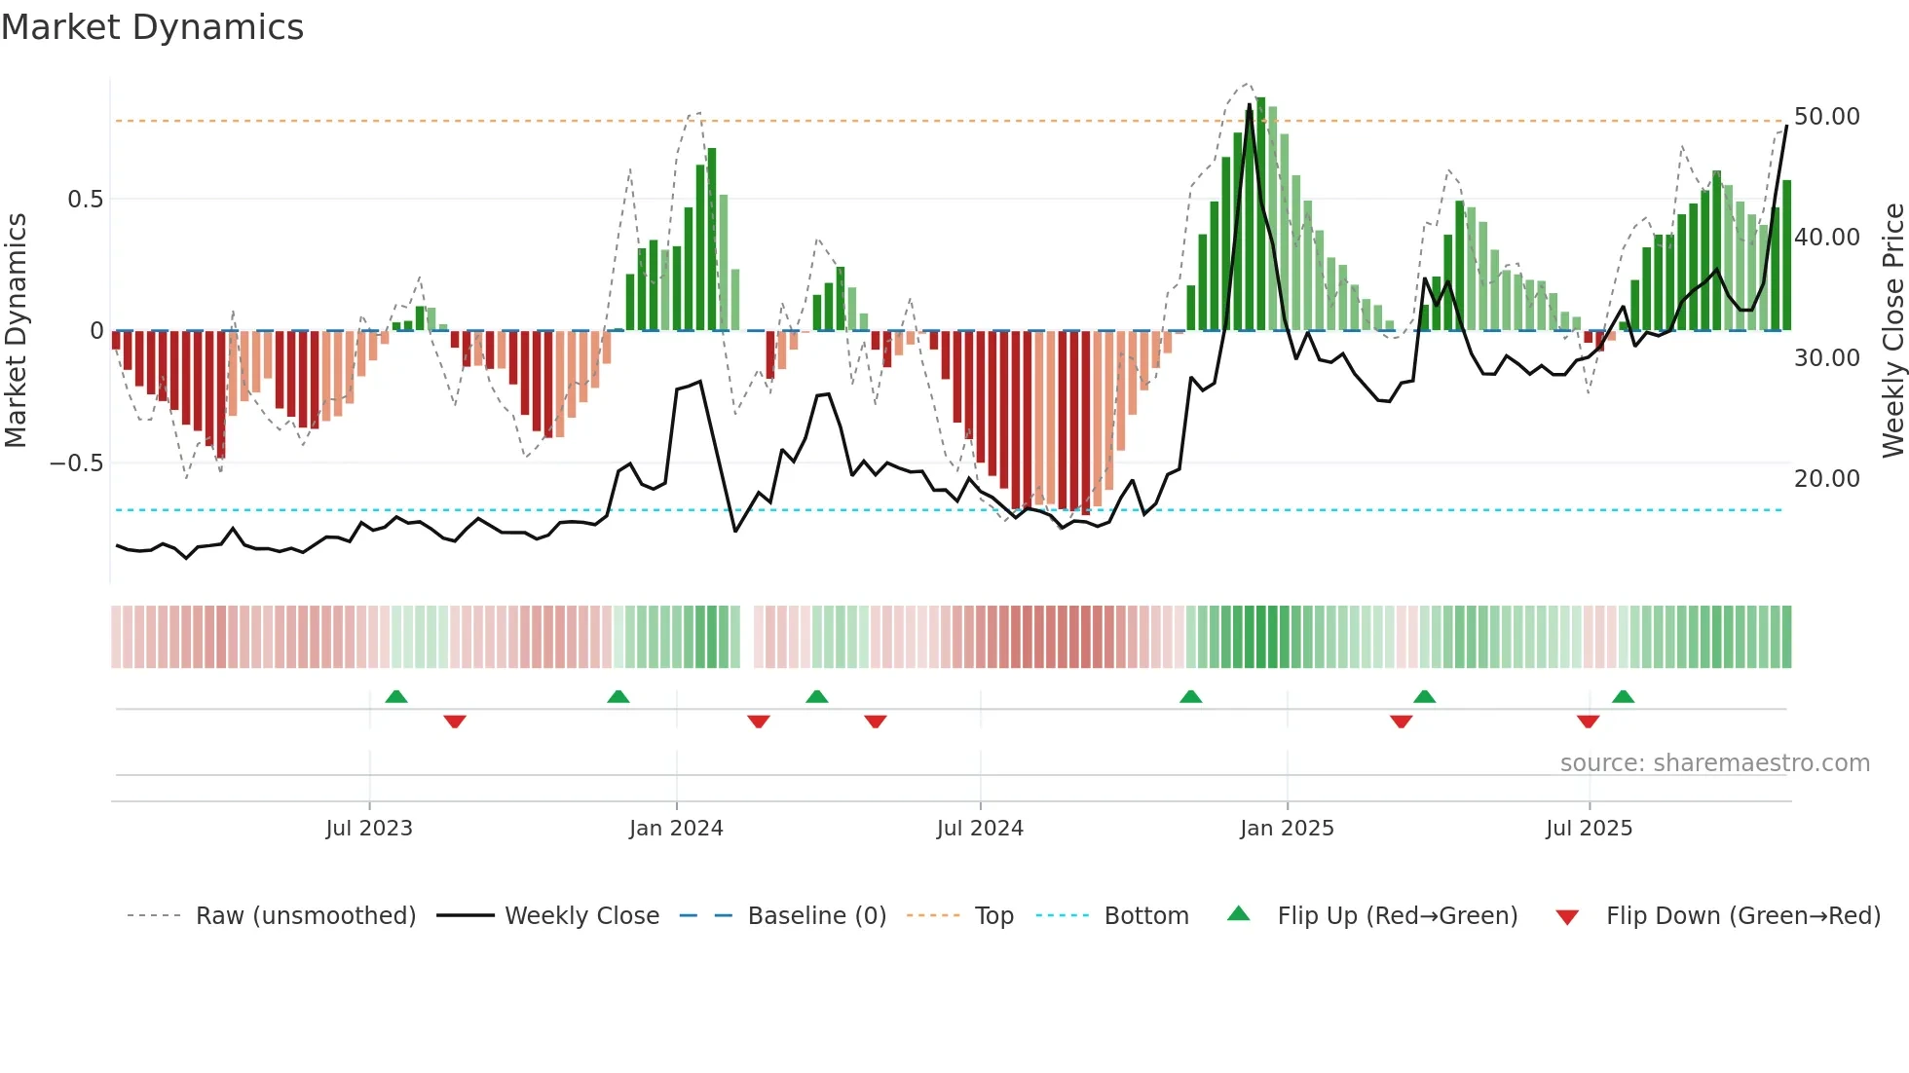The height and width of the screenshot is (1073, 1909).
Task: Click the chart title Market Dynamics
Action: click(x=152, y=27)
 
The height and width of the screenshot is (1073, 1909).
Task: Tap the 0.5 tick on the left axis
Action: click(x=85, y=200)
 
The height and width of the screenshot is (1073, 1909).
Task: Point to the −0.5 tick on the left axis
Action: click(x=76, y=463)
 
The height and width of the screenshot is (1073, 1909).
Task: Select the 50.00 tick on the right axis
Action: click(x=1826, y=117)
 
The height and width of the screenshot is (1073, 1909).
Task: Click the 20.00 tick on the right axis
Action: click(x=1826, y=479)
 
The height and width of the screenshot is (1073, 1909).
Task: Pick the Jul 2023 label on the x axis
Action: click(x=369, y=829)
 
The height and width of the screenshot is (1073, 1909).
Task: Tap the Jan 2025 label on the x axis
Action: click(x=1287, y=829)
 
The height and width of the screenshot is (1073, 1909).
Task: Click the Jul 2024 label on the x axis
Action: click(x=980, y=829)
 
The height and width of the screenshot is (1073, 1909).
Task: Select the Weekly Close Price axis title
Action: click(x=1892, y=330)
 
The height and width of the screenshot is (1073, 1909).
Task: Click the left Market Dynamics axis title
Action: click(x=16, y=330)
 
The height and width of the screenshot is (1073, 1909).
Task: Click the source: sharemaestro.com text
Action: click(x=1714, y=763)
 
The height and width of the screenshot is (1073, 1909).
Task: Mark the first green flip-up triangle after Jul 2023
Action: click(x=396, y=697)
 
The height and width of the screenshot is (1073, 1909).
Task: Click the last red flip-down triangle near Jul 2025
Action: click(x=1588, y=721)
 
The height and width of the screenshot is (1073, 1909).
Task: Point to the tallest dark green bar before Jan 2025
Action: click(x=1260, y=214)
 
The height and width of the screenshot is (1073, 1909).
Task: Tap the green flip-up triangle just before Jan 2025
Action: click(x=1190, y=697)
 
